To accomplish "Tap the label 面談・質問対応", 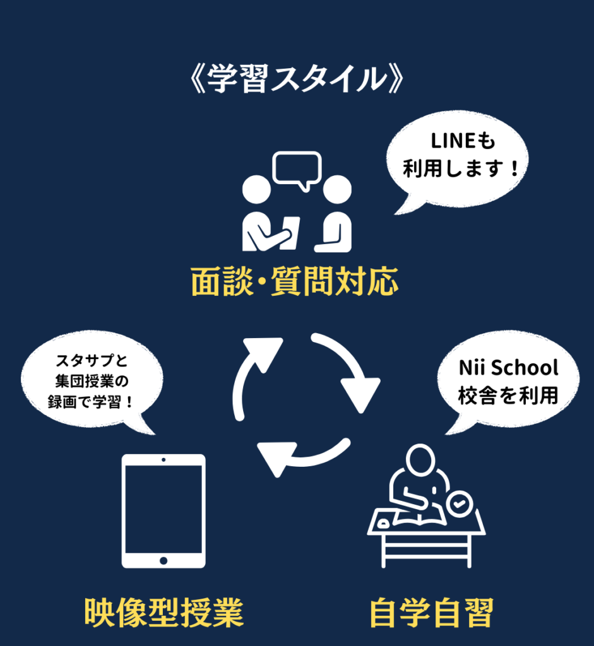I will click(x=295, y=282).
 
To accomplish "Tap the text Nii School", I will click(x=508, y=368).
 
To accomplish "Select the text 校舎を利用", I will click(x=508, y=396).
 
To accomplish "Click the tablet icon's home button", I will click(x=163, y=560).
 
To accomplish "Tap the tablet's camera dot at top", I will click(x=163, y=459).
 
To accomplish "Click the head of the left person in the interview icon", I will click(x=257, y=189).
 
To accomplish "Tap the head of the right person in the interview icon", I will click(x=336, y=189).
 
